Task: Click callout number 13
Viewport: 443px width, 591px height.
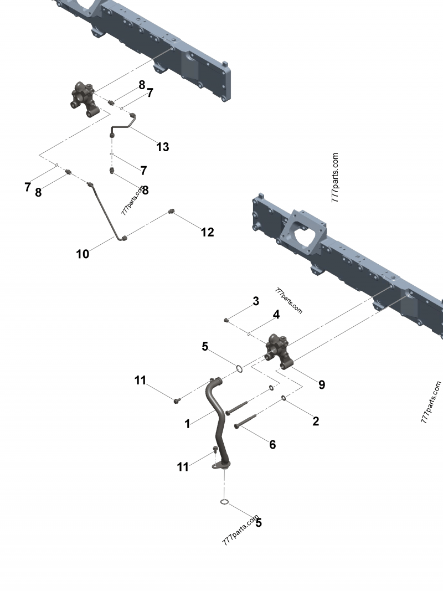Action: coord(162,147)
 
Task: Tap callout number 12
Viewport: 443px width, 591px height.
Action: coord(207,232)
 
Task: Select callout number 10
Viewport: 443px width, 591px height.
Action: coord(83,254)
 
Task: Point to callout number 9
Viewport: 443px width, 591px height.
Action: coord(322,384)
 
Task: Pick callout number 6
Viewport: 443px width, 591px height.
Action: coord(272,444)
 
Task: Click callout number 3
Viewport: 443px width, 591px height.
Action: coord(256,301)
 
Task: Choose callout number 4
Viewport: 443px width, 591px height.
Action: coord(276,315)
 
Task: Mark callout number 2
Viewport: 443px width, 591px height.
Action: coord(316,421)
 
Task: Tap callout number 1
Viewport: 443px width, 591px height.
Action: coord(188,424)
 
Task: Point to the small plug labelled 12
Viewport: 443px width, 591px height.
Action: coord(172,212)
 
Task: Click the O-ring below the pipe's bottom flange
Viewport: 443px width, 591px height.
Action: coord(224,502)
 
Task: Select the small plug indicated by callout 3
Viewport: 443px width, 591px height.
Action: coord(226,320)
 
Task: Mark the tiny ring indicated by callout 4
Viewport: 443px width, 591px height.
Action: coord(249,334)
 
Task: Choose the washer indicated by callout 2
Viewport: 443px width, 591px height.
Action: coord(284,398)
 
